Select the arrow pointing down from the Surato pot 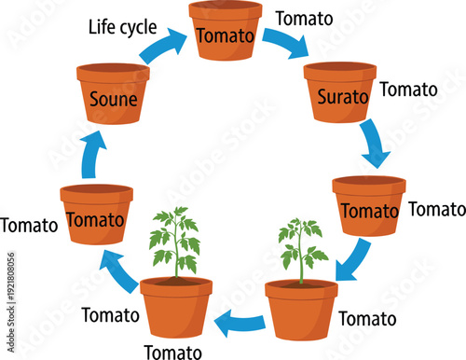375,143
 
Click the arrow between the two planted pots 239,323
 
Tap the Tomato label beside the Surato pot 408,90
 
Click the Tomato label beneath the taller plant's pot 171,352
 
